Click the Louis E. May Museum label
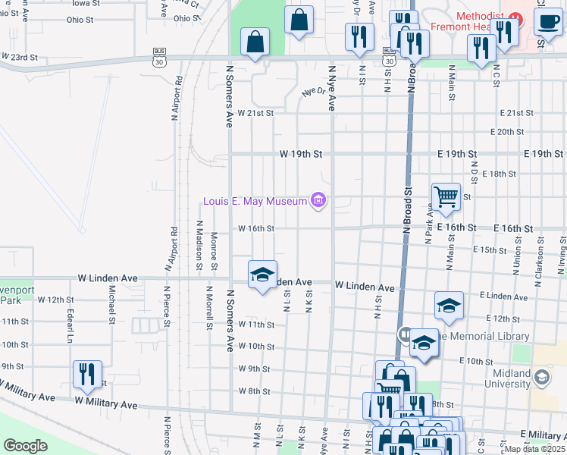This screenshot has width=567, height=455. pyautogui.click(x=255, y=201)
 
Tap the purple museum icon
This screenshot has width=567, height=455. pyautogui.click(x=318, y=200)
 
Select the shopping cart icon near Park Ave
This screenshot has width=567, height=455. pyautogui.click(x=446, y=196)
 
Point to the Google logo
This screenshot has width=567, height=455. pyautogui.click(x=25, y=445)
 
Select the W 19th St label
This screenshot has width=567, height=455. pyautogui.click(x=301, y=154)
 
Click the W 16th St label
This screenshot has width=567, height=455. pyautogui.click(x=255, y=227)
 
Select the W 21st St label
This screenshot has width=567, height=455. pyautogui.click(x=255, y=113)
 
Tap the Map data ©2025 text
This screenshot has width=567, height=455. pyautogui.click(x=534, y=449)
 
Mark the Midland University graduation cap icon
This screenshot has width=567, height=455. pyautogui.click(x=541, y=376)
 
